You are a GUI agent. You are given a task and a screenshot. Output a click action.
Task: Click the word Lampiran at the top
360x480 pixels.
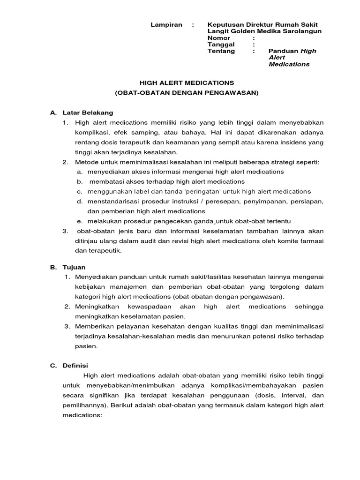[x=166, y=24]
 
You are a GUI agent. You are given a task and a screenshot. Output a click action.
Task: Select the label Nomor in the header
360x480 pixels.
[x=218, y=37]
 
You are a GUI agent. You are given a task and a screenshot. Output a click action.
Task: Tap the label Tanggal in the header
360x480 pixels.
[x=221, y=45]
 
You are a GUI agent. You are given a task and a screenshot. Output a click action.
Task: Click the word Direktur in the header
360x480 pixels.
[x=258, y=24]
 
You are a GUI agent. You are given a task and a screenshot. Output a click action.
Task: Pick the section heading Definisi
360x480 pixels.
[x=76, y=365]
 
